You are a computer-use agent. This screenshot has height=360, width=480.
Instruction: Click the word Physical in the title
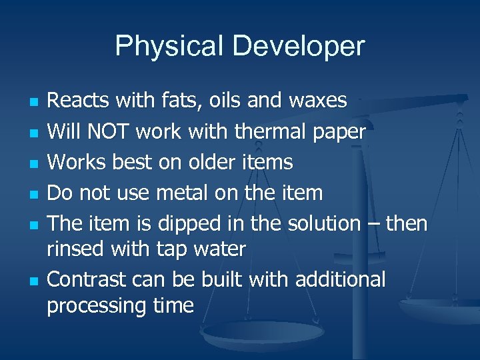(170, 47)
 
